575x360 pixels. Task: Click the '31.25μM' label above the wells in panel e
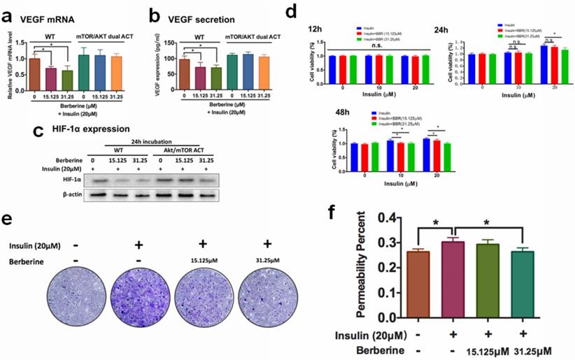coord(265,261)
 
